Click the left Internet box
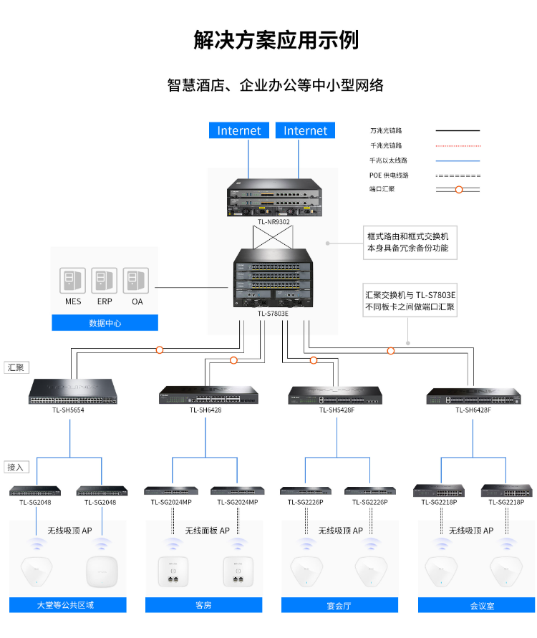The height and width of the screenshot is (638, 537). (x=239, y=130)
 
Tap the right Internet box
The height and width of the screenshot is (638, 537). (x=305, y=130)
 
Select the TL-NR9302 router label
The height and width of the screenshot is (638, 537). (x=274, y=222)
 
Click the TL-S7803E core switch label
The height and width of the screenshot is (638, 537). (x=273, y=313)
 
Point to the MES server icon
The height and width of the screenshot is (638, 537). (x=73, y=281)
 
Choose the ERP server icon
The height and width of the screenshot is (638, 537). (x=105, y=281)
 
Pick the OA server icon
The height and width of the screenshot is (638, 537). (x=136, y=281)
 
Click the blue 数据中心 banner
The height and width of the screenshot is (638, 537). (x=105, y=323)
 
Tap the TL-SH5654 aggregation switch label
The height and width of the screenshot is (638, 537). (x=68, y=410)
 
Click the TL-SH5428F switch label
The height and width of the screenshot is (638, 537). (x=335, y=410)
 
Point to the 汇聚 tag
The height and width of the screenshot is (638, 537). (x=16, y=367)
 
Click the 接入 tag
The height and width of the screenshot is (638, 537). (x=16, y=467)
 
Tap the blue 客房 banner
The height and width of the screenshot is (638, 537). (x=203, y=605)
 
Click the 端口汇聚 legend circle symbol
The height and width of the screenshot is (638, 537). (x=459, y=190)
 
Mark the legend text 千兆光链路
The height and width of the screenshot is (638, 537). (x=386, y=145)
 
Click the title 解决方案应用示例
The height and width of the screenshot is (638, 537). (x=276, y=39)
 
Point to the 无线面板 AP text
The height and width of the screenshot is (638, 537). (x=207, y=531)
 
